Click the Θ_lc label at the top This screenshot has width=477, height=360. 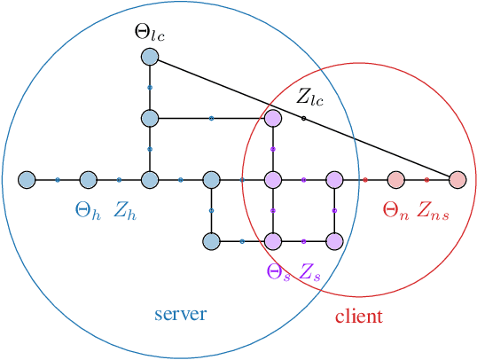149,33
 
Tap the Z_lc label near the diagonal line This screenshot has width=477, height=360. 309,97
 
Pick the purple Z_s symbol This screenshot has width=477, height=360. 309,271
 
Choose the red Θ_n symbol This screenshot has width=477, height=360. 394,210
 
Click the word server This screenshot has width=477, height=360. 180,314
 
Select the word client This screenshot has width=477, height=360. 358,317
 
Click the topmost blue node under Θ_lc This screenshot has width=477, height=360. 149,57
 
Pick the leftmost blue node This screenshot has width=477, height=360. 26,180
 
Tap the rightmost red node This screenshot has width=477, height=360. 457,180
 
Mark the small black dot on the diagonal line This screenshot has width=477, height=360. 303,118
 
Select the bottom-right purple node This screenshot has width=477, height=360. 334,241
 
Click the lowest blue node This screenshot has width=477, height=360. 211,241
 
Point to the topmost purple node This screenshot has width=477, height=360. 273,118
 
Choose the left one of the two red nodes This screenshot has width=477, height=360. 395,180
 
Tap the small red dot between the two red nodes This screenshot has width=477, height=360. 426,180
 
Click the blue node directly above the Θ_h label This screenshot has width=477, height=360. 88,180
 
